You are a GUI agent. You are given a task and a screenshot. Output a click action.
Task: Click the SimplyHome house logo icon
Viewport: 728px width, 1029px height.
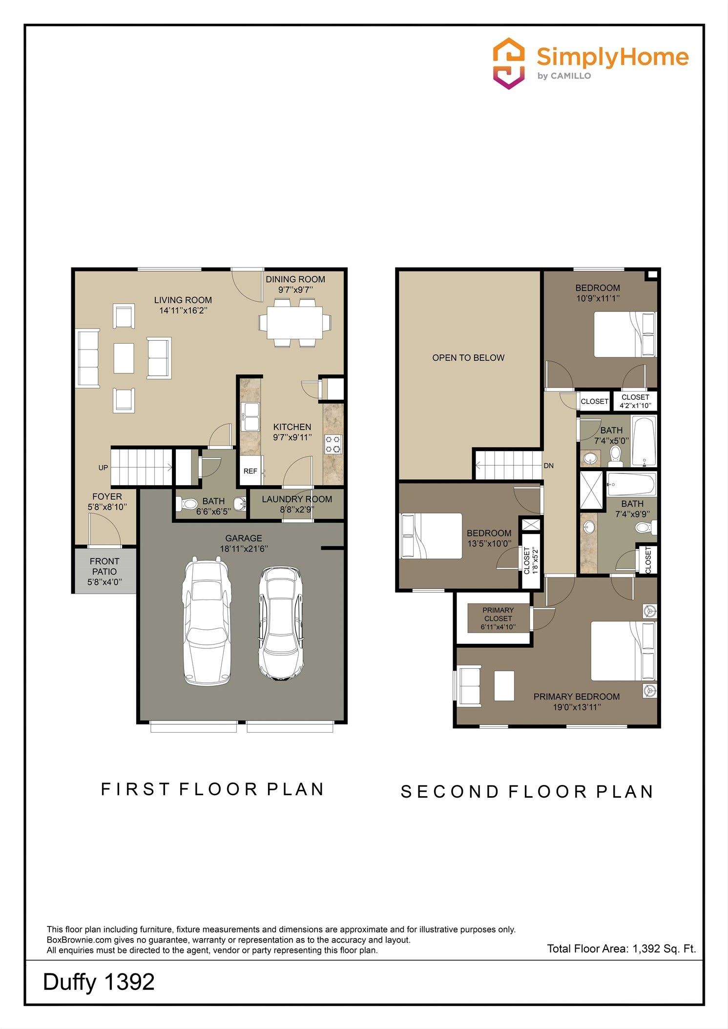coord(509,63)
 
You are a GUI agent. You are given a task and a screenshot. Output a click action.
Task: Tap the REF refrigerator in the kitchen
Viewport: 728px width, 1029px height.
coord(250,471)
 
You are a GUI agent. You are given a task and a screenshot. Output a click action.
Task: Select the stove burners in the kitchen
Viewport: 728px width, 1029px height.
coord(333,444)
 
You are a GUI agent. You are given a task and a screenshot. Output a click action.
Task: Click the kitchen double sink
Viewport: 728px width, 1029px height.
coord(250,416)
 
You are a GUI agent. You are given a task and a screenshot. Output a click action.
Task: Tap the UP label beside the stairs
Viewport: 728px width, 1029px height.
coord(103,468)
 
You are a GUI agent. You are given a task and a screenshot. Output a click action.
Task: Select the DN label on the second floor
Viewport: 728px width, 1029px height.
coord(549,466)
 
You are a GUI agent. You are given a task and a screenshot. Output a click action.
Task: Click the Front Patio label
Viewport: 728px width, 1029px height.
coord(104,566)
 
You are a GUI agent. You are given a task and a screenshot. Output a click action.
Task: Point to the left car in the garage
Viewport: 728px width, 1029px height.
coord(207,621)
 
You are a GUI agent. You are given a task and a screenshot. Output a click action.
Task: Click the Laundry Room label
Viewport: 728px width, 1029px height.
coord(297,499)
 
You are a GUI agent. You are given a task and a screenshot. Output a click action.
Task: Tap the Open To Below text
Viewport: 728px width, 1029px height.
coord(468,358)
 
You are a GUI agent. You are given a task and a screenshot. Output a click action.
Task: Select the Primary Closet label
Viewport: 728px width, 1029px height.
coord(498,614)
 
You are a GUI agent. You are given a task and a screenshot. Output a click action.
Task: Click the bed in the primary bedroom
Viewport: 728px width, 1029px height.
coord(624,651)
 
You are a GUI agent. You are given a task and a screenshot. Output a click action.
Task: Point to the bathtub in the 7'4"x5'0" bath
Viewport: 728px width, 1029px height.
coord(644,441)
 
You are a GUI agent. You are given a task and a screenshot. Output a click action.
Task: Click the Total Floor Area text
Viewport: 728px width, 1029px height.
coord(622,948)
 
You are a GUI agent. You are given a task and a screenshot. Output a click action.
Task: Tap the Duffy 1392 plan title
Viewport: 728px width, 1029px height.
coord(99,982)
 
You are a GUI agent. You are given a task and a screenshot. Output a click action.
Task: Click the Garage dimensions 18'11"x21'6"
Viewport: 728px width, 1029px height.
coord(244,549)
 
